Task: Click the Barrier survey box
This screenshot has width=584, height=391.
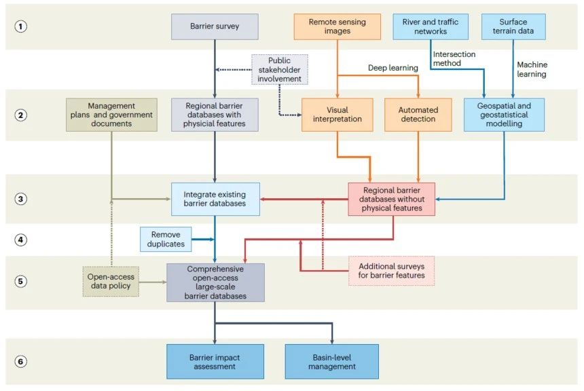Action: [215, 26]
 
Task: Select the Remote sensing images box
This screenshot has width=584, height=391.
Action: [337, 26]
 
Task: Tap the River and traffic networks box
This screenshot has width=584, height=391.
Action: [430, 26]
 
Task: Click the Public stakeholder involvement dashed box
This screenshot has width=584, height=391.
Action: [279, 69]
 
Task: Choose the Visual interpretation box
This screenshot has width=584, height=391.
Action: [337, 115]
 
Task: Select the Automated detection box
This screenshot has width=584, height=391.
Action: [419, 115]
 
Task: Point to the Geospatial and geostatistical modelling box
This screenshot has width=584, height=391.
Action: [504, 115]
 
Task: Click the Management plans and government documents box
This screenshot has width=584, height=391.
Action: [112, 115]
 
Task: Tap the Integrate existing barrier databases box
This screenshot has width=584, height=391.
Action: [215, 199]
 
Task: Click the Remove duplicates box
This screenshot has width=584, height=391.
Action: [165, 239]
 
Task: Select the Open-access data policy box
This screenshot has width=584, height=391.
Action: [111, 282]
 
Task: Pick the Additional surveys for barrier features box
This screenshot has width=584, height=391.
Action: [391, 271]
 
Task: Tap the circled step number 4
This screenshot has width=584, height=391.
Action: [20, 239]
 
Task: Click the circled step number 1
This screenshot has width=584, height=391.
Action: [20, 27]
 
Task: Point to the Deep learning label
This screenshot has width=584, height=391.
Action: [392, 68]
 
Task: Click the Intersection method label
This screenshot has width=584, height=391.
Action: [456, 59]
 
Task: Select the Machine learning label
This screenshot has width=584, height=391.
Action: [532, 69]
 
